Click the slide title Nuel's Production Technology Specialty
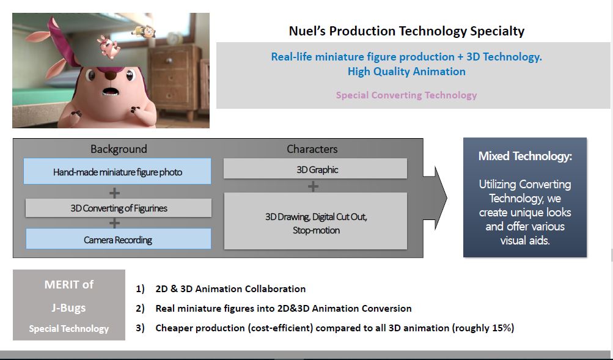(x=406, y=31)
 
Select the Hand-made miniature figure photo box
(x=117, y=171)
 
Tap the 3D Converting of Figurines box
(x=119, y=208)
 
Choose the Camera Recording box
(x=118, y=239)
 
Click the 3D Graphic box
(x=315, y=169)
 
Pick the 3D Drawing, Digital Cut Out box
(x=315, y=221)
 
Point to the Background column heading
(x=119, y=149)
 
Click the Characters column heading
(x=312, y=149)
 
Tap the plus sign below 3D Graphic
(x=313, y=186)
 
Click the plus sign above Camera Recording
(x=114, y=223)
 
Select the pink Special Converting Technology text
(x=406, y=95)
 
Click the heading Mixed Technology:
(x=525, y=156)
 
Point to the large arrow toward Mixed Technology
(x=435, y=198)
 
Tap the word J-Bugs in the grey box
(x=68, y=308)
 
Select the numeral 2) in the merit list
(x=141, y=309)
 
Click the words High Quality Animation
(x=406, y=72)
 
